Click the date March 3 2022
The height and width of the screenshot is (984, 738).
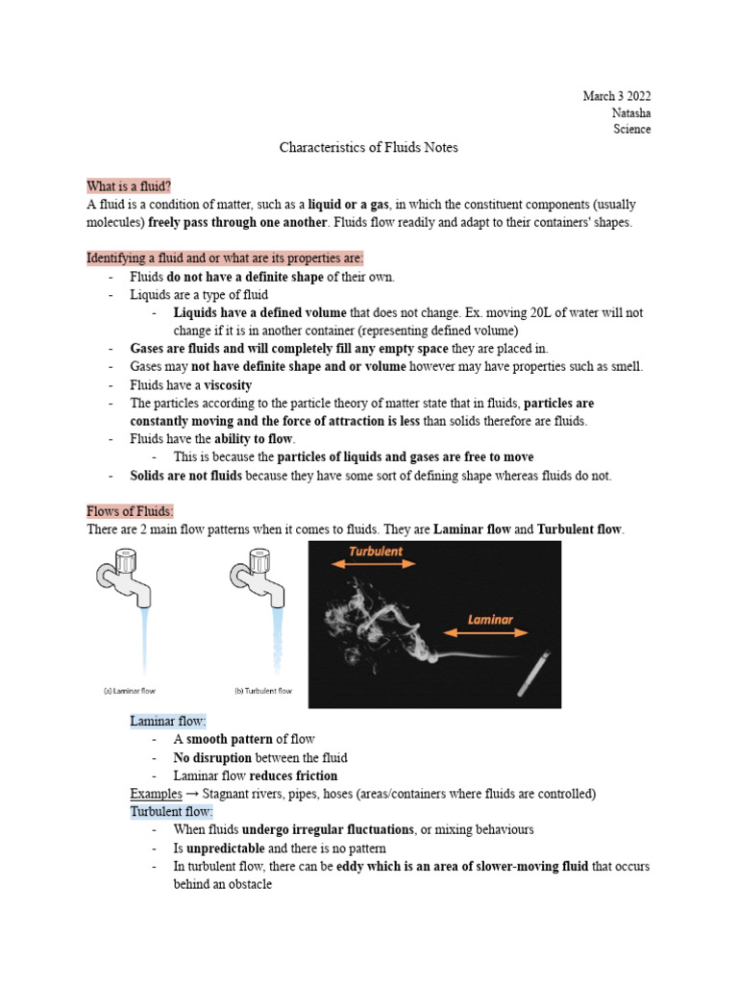(x=616, y=96)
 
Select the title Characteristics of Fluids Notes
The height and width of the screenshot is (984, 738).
(x=369, y=147)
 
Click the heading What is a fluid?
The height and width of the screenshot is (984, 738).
(x=130, y=185)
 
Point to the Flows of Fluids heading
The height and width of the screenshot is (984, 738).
(x=130, y=511)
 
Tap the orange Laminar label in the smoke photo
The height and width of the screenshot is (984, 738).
(x=490, y=620)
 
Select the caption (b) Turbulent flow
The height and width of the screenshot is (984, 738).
(x=263, y=690)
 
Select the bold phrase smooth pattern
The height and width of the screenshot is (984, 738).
(x=229, y=739)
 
